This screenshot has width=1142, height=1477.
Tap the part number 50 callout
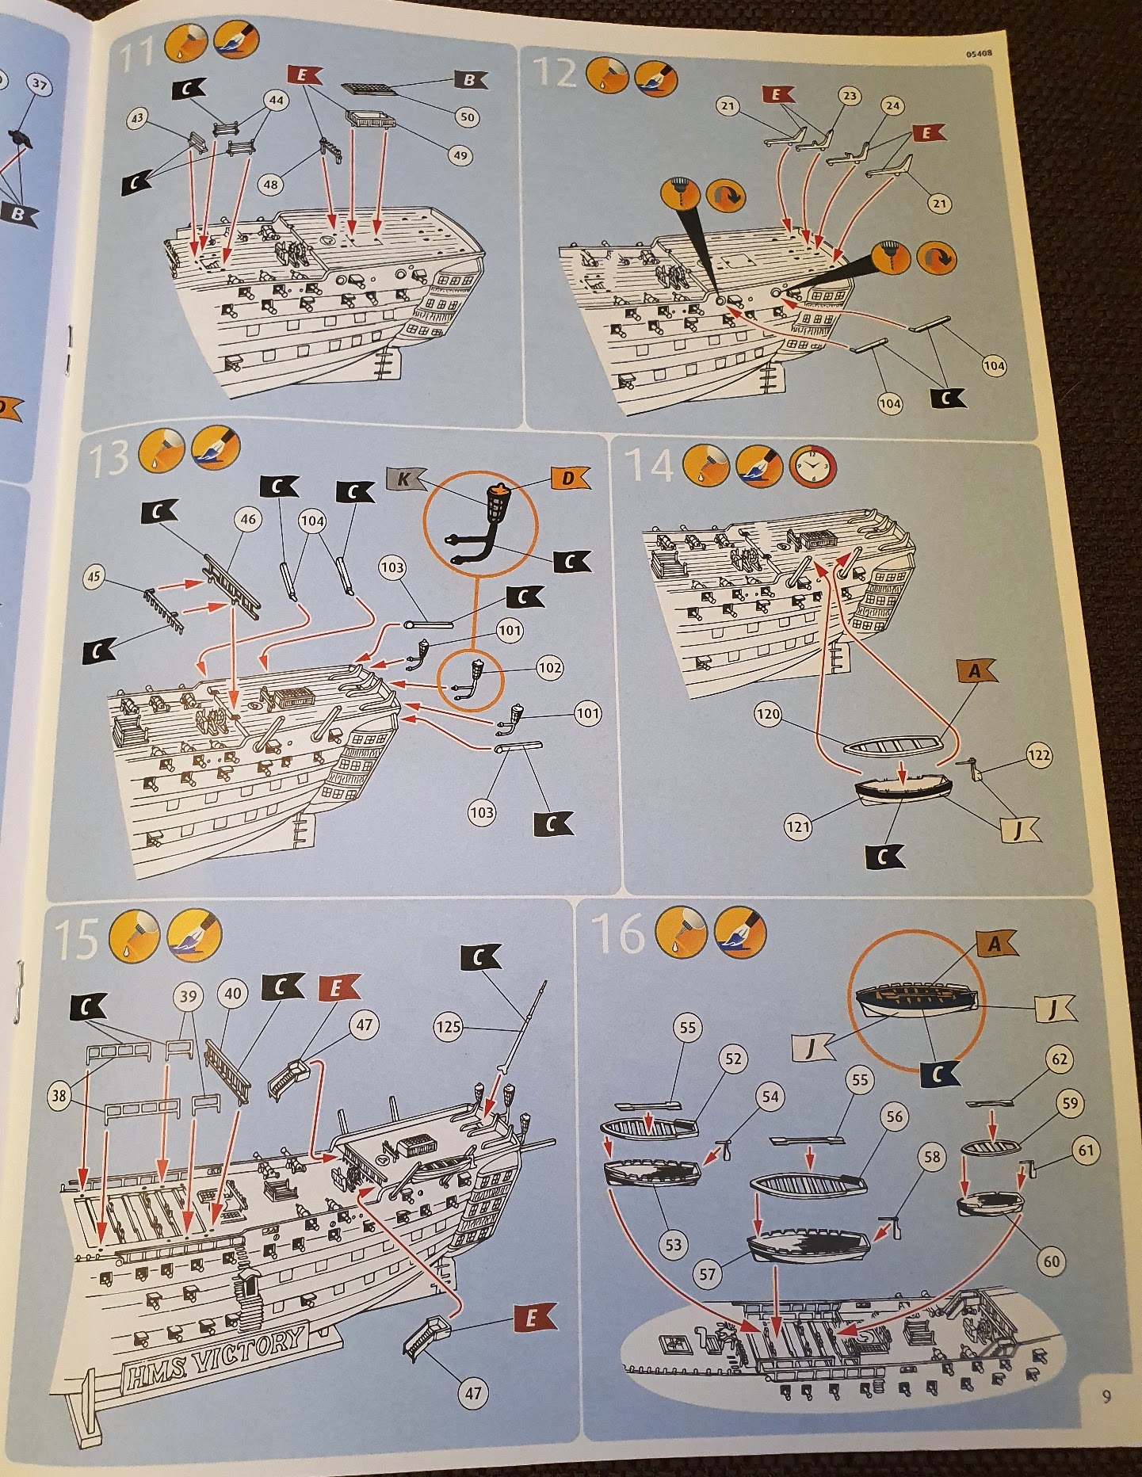coord(468,117)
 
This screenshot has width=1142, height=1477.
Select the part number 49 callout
coord(460,155)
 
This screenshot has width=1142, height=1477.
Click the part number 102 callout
coord(548,668)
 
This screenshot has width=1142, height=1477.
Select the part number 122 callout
coord(1038,756)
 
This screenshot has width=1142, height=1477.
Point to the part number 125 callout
coord(448,1028)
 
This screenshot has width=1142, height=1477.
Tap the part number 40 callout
coord(233,994)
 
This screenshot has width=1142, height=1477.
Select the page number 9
coord(1106,1396)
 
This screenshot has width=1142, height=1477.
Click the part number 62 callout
coord(1060,1059)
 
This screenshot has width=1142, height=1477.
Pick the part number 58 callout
coord(932,1157)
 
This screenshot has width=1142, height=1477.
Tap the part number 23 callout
coord(850,97)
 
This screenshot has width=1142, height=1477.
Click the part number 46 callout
coord(248,520)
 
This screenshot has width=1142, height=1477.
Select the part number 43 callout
coord(136,117)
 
